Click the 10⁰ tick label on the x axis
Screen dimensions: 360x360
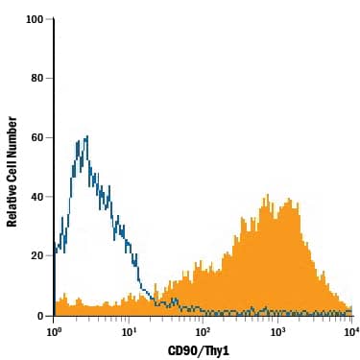[54, 331]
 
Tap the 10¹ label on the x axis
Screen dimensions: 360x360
[128, 331]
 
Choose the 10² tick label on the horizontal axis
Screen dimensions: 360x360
[203, 331]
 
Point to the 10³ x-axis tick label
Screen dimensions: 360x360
[277, 331]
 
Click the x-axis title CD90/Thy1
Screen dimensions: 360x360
[203, 349]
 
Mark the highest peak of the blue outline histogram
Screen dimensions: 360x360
[86, 137]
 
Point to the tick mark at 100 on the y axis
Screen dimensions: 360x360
[52, 19]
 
